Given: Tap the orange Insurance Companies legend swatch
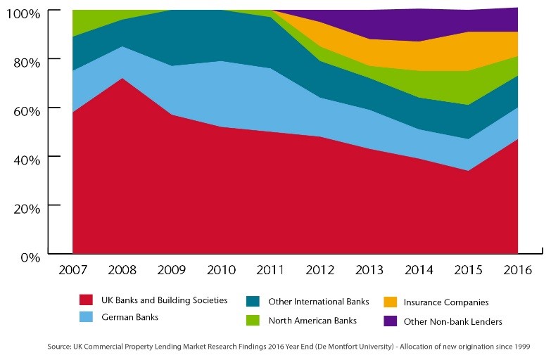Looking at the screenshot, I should tap(389, 302).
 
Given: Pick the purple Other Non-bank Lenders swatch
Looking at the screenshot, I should tap(389, 321).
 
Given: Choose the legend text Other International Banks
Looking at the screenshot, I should tap(319, 302).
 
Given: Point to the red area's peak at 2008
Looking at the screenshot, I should tap(122, 78).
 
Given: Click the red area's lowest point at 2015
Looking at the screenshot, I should tap(468, 170).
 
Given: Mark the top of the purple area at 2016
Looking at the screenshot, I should tap(518, 8).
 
